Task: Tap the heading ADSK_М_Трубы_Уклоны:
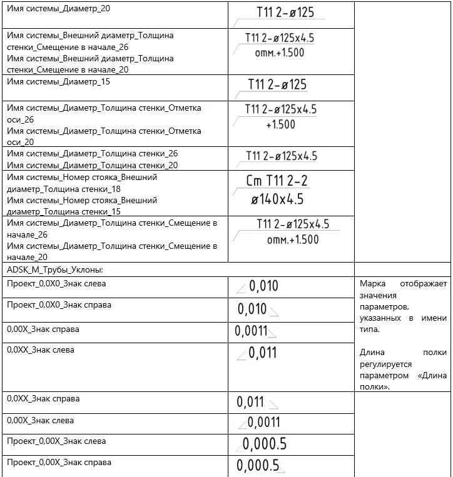55,269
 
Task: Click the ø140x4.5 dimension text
277,200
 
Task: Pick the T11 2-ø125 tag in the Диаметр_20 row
285,13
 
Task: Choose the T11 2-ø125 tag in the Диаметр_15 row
277,84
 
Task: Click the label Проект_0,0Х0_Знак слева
56,284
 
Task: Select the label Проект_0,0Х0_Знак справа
59,305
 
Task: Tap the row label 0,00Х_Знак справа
43,329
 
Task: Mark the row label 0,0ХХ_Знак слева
40,350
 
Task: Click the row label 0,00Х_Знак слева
40,420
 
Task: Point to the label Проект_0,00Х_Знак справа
59,463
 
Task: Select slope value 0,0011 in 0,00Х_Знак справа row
252,331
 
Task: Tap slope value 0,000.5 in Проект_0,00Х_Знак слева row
265,444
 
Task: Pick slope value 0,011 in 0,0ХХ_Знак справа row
251,402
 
